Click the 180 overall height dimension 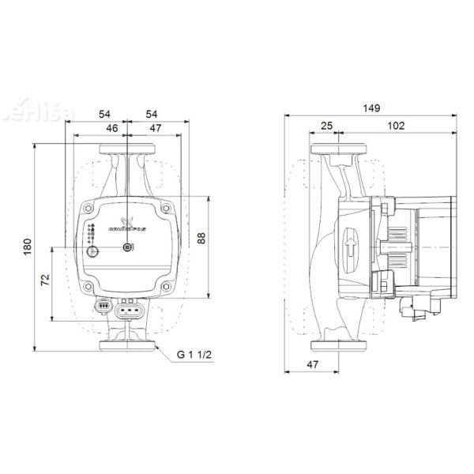click(28, 247)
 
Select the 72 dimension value click(45, 280)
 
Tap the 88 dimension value click(201, 238)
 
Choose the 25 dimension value click(327, 126)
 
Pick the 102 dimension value click(397, 126)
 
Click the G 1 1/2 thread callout click(194, 355)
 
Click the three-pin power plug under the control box click(127, 310)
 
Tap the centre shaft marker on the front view click(127, 250)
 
